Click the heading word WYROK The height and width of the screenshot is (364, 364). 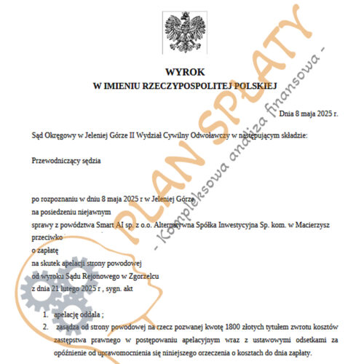pyautogui.click(x=182, y=74)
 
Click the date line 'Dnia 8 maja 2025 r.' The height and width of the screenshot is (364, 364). pyautogui.click(x=309, y=114)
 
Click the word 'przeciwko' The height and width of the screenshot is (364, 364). pyautogui.click(x=47, y=237)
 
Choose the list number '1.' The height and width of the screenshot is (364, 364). pyautogui.click(x=45, y=314)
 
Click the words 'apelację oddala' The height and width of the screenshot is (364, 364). pyautogui.click(x=79, y=314)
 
